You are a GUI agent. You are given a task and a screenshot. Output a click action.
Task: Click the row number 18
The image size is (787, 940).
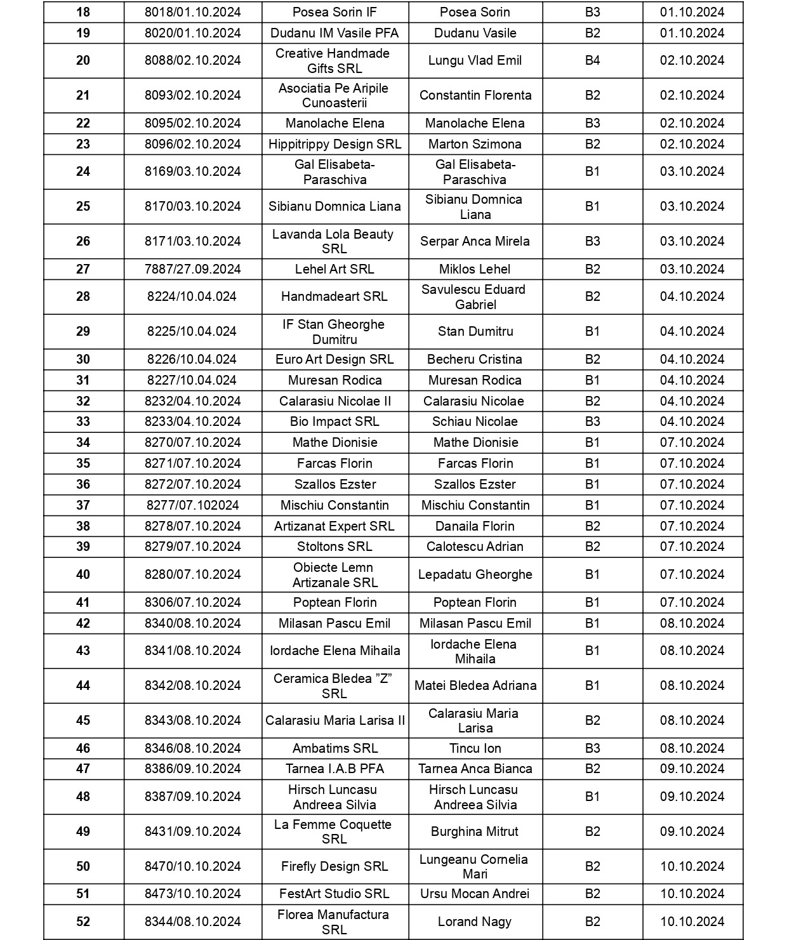click(x=83, y=12)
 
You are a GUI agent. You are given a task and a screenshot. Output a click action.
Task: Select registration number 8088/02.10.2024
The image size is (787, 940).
click(x=192, y=60)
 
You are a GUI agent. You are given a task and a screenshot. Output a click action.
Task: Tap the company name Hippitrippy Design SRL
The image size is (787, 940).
click(x=334, y=144)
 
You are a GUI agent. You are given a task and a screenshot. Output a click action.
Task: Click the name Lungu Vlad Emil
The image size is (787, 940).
click(x=475, y=60)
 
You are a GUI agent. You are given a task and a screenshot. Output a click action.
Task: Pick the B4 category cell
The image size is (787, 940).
click(x=592, y=60)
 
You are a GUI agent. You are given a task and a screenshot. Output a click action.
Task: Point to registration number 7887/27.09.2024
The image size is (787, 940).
click(x=192, y=269)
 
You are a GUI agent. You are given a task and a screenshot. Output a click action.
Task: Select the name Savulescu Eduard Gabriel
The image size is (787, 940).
click(x=475, y=296)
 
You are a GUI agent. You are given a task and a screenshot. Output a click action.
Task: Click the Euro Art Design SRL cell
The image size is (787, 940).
click(x=334, y=359)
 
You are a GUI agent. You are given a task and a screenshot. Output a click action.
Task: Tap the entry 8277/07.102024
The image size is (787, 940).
click(x=192, y=505)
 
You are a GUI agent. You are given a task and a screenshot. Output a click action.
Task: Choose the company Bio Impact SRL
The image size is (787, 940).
click(x=334, y=421)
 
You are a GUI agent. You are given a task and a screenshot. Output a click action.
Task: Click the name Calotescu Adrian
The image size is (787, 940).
click(x=475, y=546)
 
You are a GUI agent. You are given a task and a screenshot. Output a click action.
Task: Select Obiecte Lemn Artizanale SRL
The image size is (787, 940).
click(x=334, y=574)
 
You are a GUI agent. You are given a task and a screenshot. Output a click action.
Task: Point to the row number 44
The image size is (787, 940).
click(x=83, y=685)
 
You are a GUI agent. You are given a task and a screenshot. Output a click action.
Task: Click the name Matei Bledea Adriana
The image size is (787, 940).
click(x=475, y=685)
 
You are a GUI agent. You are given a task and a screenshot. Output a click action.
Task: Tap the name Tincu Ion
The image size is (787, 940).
click(x=475, y=748)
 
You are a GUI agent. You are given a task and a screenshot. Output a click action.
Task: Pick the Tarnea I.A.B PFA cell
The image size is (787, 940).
click(x=334, y=769)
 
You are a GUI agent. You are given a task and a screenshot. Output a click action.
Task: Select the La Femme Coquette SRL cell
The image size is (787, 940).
click(x=334, y=831)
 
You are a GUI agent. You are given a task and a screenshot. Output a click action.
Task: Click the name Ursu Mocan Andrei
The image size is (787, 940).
click(x=475, y=894)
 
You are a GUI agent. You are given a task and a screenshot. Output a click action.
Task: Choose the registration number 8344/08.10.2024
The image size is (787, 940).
click(x=192, y=922)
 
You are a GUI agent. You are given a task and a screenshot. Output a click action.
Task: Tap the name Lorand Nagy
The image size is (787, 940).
click(x=475, y=922)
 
